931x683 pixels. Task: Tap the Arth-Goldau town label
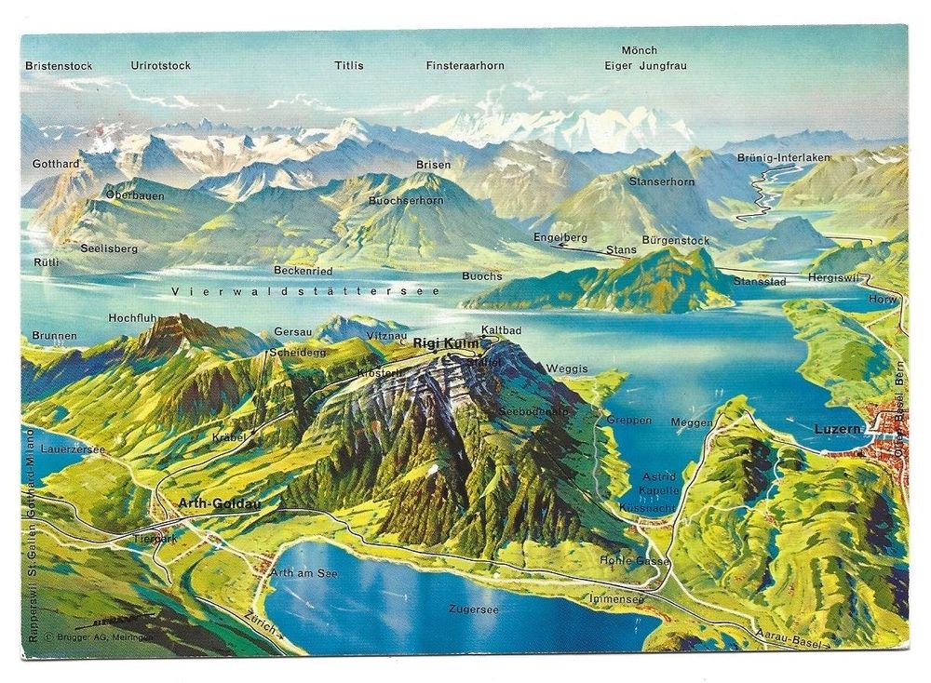(x=220, y=503)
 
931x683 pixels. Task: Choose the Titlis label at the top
(x=349, y=66)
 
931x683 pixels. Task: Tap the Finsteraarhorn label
(x=465, y=66)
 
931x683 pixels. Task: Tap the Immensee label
(x=615, y=599)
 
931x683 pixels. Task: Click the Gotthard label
(x=56, y=164)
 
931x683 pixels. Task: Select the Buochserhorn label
(x=406, y=200)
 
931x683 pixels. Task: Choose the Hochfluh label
(x=131, y=318)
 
